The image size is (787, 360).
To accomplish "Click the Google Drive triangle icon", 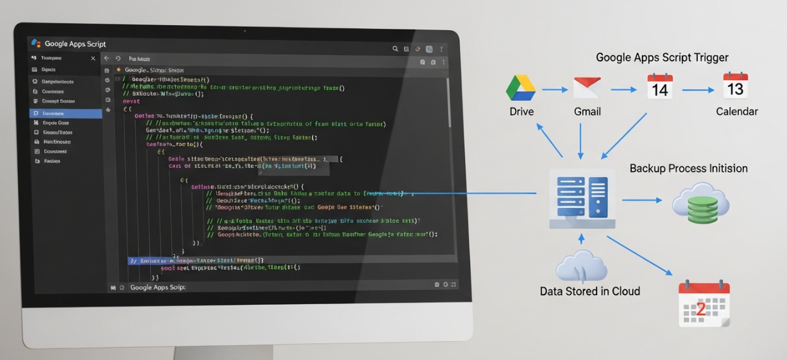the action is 521,88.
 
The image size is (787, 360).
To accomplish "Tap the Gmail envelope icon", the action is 587,88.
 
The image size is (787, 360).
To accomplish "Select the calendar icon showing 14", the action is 660,87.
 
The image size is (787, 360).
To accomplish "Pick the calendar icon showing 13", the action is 735,86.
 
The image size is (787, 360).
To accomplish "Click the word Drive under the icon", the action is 521,112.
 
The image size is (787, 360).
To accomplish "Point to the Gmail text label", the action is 587,112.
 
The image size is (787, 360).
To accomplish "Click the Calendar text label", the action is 737,112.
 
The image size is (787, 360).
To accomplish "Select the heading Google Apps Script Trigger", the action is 662,58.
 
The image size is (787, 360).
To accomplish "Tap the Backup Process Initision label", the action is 688,169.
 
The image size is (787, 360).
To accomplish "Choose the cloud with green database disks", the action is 700,202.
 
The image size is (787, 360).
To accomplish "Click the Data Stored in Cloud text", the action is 589,291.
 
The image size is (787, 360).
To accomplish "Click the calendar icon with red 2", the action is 704,304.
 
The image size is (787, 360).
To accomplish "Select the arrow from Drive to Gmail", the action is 555,89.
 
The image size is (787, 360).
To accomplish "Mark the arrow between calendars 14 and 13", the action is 698,90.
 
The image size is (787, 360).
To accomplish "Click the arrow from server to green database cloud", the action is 642,201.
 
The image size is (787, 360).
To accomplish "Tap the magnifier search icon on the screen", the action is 396,49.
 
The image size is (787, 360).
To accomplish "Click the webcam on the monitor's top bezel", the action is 244,30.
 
